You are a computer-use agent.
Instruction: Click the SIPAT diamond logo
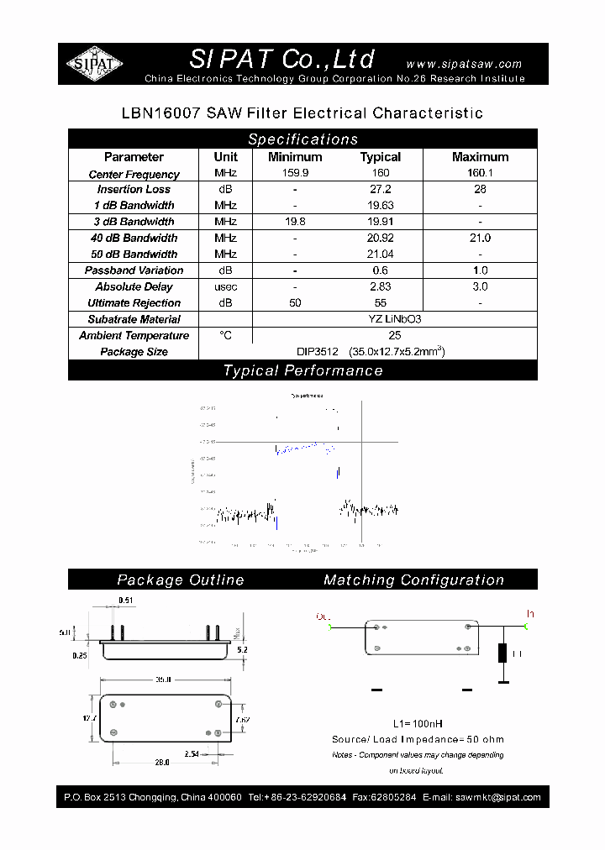point(95,64)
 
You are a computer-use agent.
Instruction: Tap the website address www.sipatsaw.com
point(464,64)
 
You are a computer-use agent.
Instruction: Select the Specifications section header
point(302,139)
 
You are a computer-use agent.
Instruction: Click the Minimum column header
point(295,157)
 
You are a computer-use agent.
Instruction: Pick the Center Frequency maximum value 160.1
point(480,174)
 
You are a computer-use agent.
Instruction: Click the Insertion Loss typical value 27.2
point(381,190)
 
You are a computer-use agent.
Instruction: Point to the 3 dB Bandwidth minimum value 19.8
point(295,222)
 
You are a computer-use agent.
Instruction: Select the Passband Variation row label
point(134,270)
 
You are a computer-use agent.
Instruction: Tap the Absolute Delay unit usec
point(225,286)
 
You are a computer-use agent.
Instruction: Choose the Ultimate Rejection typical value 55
point(381,302)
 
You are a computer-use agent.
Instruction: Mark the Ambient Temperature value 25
point(381,335)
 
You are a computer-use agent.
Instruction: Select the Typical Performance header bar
point(302,370)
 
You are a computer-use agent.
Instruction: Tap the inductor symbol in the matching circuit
point(503,653)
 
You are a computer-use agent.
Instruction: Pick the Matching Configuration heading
point(413,580)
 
